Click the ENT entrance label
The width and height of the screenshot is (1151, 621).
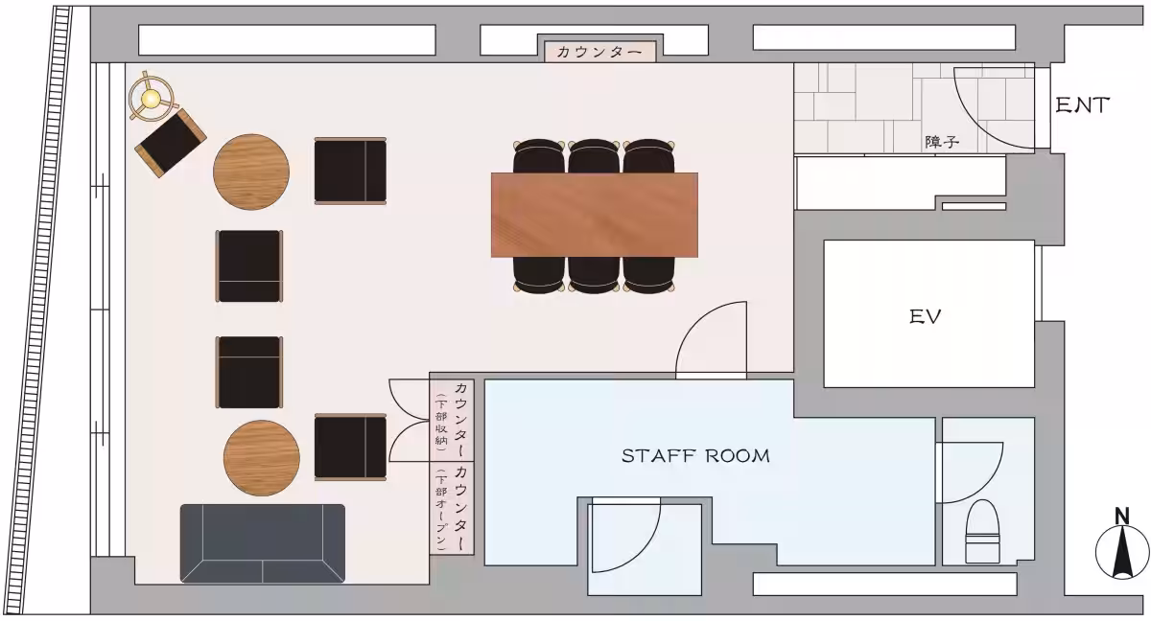(1082, 105)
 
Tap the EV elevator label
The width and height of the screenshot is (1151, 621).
(926, 316)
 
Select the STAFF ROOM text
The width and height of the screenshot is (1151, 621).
(695, 456)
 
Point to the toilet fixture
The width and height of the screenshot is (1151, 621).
(982, 531)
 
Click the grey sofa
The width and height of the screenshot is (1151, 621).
(263, 543)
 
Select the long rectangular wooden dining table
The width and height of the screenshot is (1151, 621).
(595, 215)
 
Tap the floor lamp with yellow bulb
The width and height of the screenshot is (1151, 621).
(152, 97)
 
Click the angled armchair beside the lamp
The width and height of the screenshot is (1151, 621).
(171, 143)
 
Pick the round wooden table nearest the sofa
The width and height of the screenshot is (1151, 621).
(262, 458)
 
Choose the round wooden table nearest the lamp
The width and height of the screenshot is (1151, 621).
(251, 172)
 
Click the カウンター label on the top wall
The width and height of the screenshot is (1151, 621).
(599, 52)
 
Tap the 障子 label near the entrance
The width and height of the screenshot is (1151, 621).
(942, 142)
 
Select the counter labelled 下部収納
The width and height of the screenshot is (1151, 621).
(452, 420)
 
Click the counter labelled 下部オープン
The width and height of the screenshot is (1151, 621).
(452, 508)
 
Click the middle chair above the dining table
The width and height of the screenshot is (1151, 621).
(594, 156)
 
